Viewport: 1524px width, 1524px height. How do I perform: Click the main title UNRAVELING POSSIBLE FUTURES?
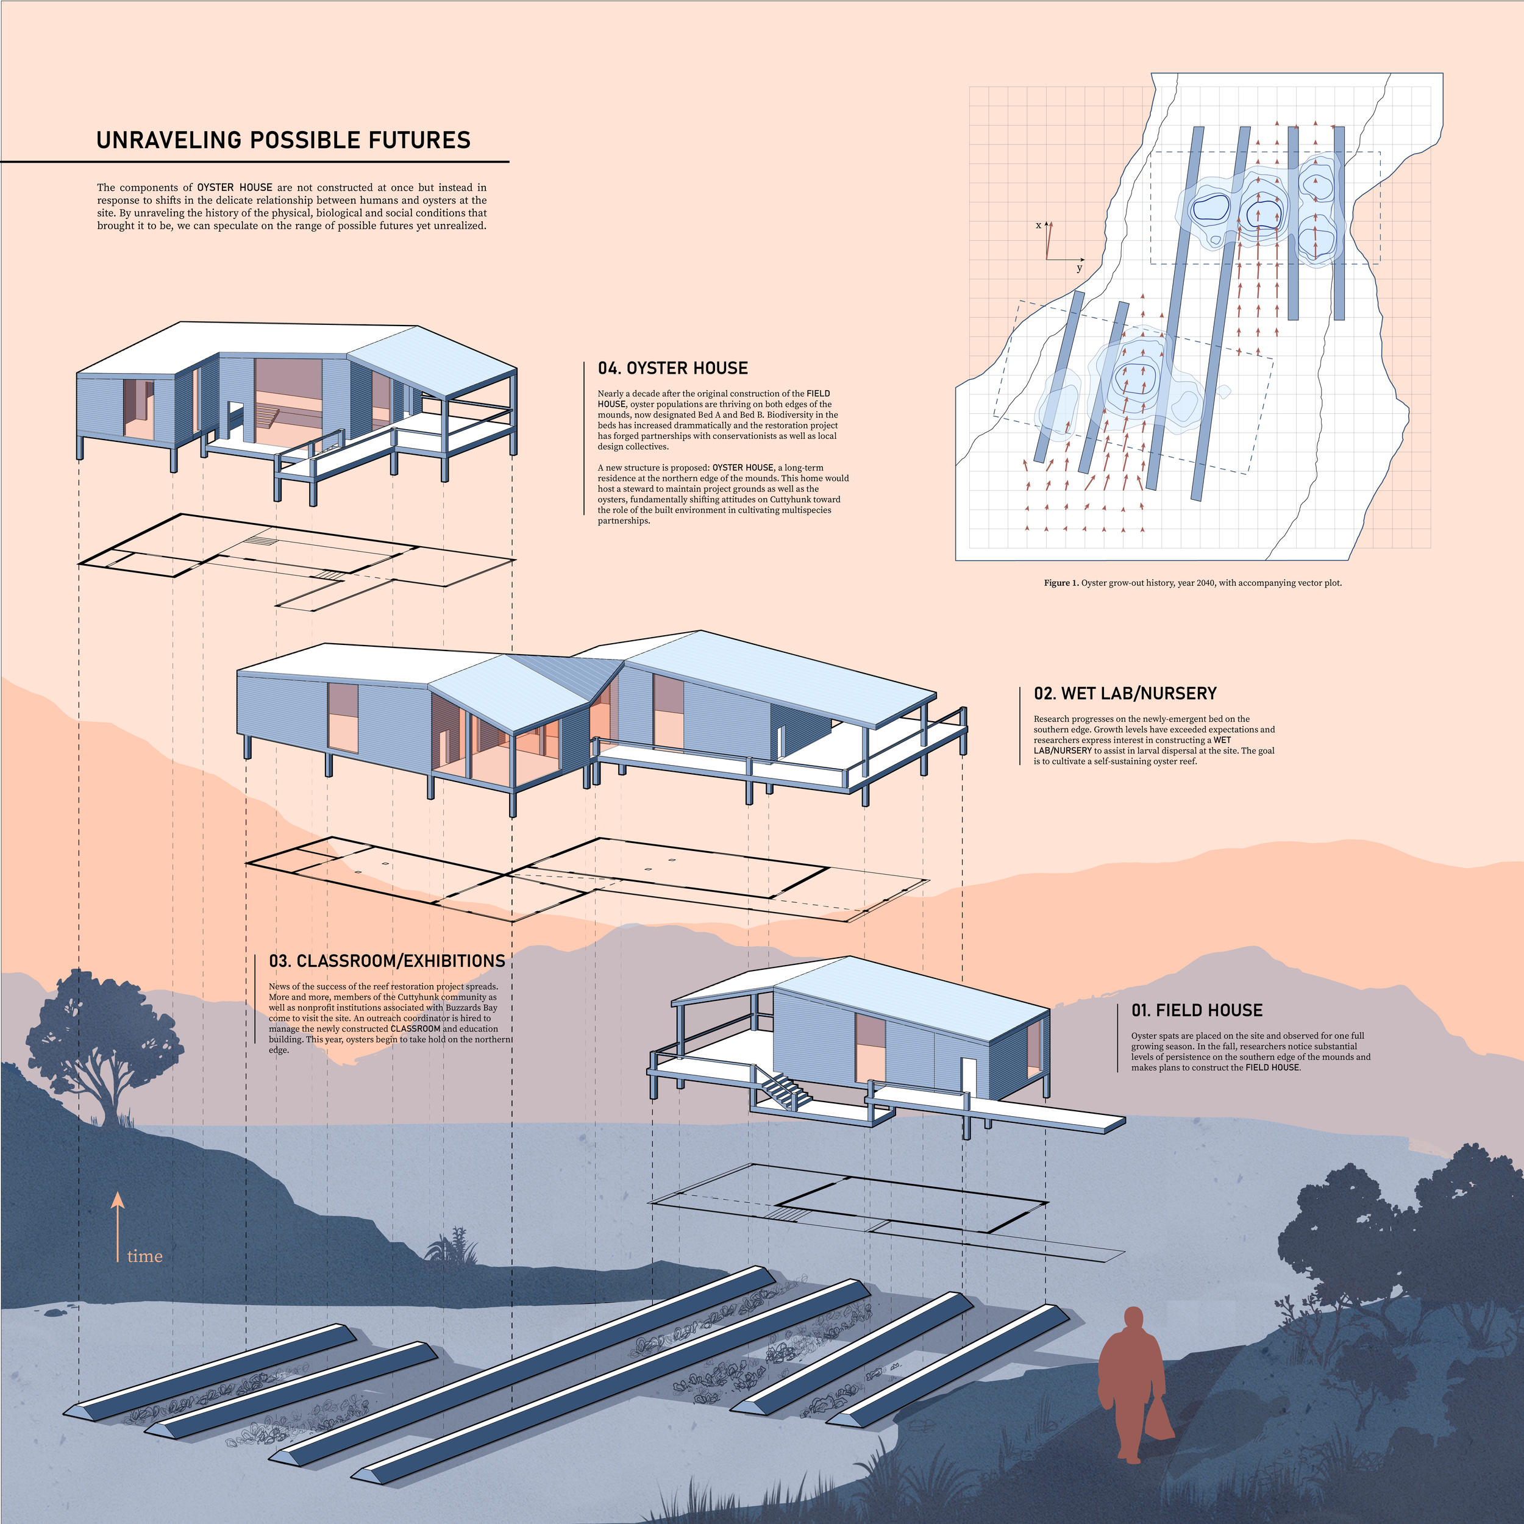pyautogui.click(x=283, y=140)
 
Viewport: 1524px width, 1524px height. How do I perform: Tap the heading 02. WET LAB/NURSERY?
pyautogui.click(x=1125, y=693)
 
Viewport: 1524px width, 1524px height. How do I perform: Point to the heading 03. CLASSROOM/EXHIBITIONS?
pyautogui.click(x=386, y=961)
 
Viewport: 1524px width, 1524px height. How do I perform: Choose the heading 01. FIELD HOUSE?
pyautogui.click(x=1197, y=1011)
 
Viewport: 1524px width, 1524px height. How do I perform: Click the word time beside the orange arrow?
pyautogui.click(x=145, y=1256)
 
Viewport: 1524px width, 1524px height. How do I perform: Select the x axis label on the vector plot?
pyautogui.click(x=1038, y=226)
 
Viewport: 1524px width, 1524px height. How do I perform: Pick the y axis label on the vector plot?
pyautogui.click(x=1079, y=268)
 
